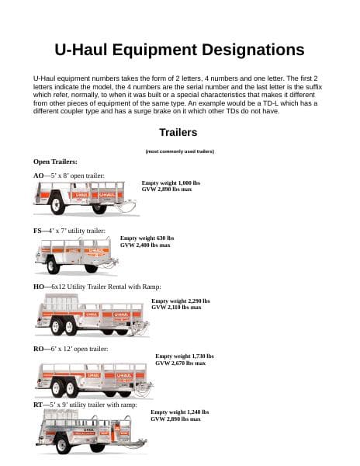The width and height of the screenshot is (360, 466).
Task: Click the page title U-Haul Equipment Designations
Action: pyautogui.click(x=179, y=50)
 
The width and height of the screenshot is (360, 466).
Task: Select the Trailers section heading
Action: pyautogui.click(x=179, y=132)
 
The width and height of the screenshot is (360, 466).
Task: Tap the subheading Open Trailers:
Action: pyautogui.click(x=55, y=162)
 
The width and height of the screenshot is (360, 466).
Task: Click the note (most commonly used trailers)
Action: pyautogui.click(x=179, y=151)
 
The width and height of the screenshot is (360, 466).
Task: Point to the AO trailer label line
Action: pyautogui.click(x=68, y=176)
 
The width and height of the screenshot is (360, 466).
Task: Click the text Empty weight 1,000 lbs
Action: pyautogui.click(x=171, y=183)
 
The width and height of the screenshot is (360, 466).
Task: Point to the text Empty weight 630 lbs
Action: pyautogui.click(x=147, y=238)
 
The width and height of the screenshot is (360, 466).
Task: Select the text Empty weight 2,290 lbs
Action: pyautogui.click(x=180, y=301)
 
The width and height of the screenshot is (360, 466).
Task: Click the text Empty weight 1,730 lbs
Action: pyautogui.click(x=184, y=356)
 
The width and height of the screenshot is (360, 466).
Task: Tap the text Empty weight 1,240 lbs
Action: pyautogui.click(x=179, y=412)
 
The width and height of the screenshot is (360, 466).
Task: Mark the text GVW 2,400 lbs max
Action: pyautogui.click(x=145, y=245)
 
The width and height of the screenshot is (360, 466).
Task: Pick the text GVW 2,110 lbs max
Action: pyautogui.click(x=176, y=308)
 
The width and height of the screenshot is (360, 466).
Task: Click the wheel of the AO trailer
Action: pyautogui.click(x=56, y=207)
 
